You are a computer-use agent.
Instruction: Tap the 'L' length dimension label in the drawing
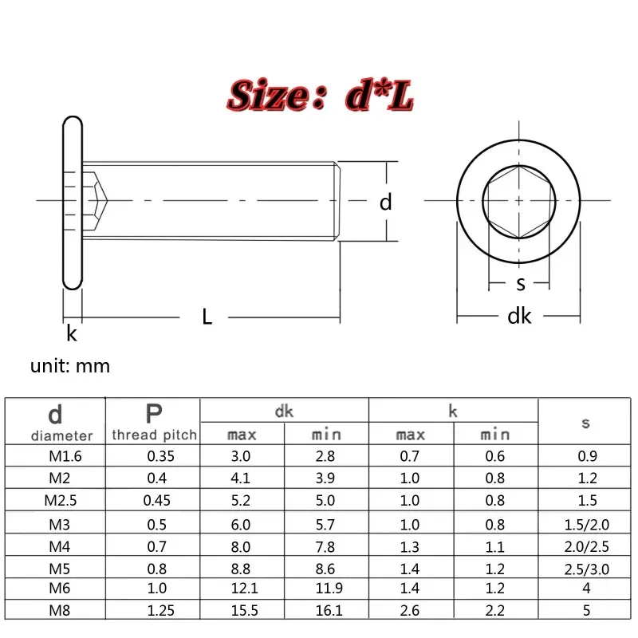pyautogui.click(x=207, y=317)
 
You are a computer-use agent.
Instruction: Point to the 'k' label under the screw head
pyautogui.click(x=72, y=333)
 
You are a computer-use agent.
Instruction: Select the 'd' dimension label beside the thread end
pyautogui.click(x=386, y=203)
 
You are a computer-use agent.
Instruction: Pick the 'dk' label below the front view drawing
pyautogui.click(x=519, y=317)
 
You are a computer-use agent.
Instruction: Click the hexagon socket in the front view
pyautogui.click(x=518, y=203)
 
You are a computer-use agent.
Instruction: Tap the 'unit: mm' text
pyautogui.click(x=70, y=366)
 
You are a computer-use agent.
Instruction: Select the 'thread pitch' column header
pyautogui.click(x=154, y=435)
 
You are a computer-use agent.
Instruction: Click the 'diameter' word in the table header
pyautogui.click(x=62, y=435)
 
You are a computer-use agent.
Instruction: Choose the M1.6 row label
pyautogui.click(x=55, y=457)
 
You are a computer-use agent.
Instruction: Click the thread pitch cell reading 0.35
pyautogui.click(x=154, y=457)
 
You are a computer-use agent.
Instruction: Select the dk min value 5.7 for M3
pyautogui.click(x=327, y=526)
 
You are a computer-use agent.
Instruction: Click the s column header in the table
pyautogui.click(x=585, y=423)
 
